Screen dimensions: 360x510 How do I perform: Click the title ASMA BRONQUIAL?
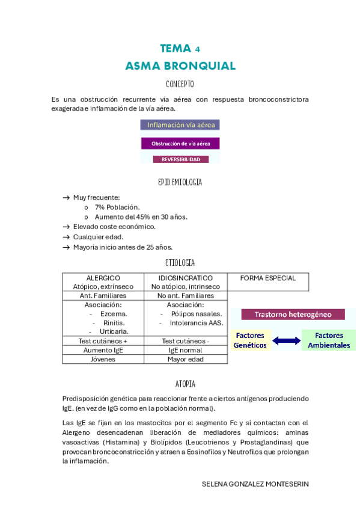(x=180, y=66)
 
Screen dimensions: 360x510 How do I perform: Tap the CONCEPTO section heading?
(x=180, y=84)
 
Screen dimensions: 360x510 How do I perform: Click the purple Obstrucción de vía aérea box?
(x=180, y=144)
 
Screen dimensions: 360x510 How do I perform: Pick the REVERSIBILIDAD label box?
(x=180, y=159)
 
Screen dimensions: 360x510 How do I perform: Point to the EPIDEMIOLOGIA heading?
(x=180, y=182)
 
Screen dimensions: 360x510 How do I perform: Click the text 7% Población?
(x=117, y=207)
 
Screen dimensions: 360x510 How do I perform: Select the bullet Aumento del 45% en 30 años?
(x=141, y=217)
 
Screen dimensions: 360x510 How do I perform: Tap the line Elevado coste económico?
(x=114, y=227)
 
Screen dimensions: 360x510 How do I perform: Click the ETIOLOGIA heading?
(x=180, y=263)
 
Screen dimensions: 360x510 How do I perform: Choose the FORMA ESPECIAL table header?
(x=268, y=278)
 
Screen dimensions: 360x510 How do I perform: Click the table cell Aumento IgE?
(x=103, y=350)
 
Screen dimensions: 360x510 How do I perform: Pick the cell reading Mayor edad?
(x=185, y=359)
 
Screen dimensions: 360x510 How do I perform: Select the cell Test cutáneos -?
(x=185, y=340)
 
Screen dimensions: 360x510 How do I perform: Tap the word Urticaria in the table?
(x=114, y=331)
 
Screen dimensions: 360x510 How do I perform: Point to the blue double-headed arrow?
(x=286, y=341)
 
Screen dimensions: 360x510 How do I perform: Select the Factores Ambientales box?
(x=329, y=340)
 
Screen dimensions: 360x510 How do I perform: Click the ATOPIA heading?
(x=180, y=384)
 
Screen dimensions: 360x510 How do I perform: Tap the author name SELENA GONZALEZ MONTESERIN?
(x=255, y=484)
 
